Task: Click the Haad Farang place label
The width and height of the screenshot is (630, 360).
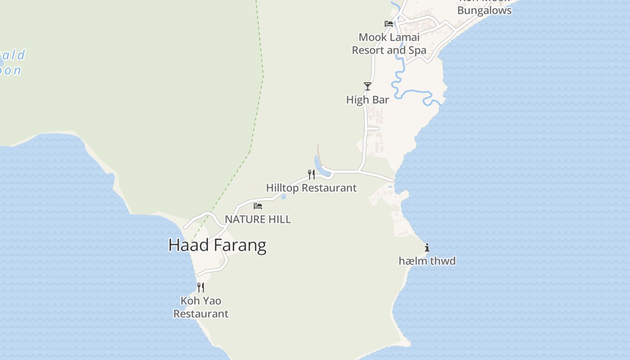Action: [x=217, y=245]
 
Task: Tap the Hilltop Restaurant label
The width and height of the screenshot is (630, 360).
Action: [x=311, y=188]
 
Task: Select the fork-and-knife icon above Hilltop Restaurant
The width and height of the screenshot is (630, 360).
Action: [x=311, y=174]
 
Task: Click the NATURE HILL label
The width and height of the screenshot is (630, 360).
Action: [x=258, y=219]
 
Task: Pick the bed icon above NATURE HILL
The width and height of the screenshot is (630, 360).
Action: [x=258, y=206]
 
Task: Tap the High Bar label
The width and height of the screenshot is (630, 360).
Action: [x=367, y=99]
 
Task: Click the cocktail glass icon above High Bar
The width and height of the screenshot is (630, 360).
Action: [x=368, y=86]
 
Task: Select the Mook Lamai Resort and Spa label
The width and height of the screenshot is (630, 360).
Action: [x=389, y=44]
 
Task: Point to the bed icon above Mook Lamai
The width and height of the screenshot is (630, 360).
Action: [x=389, y=23]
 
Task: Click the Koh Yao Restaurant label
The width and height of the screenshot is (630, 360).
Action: [x=201, y=307]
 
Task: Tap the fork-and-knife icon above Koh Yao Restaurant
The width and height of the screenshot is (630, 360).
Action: [x=201, y=287]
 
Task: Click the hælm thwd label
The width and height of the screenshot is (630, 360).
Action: [x=427, y=261]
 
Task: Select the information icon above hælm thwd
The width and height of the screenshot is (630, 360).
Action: [x=427, y=247]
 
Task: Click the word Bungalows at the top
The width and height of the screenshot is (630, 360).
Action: [x=484, y=10]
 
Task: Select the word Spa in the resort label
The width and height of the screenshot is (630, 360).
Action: [x=417, y=50]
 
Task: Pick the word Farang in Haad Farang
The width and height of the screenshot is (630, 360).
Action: [x=240, y=245]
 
